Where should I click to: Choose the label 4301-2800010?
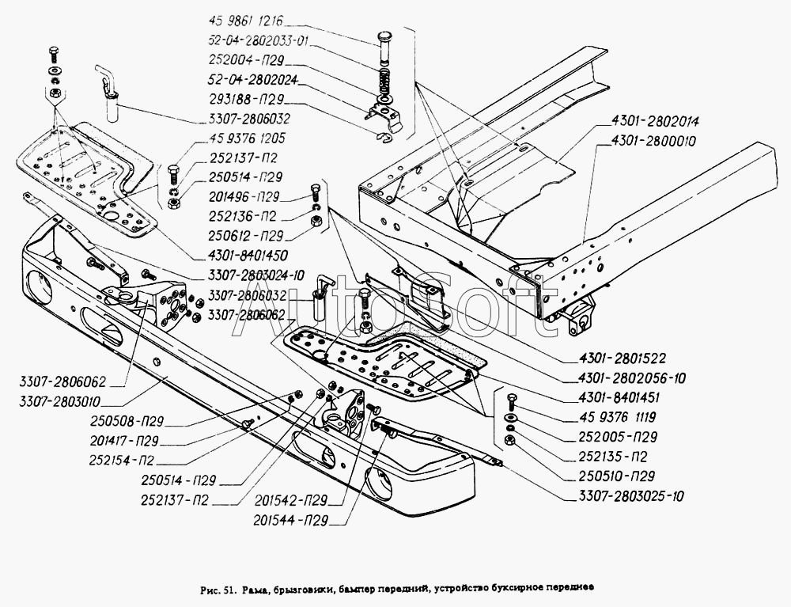click(x=656, y=142)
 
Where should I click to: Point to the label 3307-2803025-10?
click(x=625, y=497)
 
